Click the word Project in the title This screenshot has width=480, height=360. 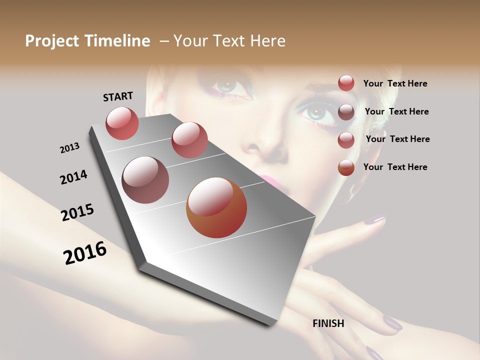[x=51, y=41]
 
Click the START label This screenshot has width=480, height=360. [x=118, y=96]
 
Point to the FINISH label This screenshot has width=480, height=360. [x=328, y=323]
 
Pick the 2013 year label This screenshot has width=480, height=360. [x=69, y=148]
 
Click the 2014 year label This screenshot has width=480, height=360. [x=73, y=177]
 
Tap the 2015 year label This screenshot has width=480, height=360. [x=77, y=212]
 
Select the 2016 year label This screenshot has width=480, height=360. [x=85, y=253]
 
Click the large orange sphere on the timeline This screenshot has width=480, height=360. [x=216, y=208]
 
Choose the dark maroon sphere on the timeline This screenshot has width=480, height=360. [x=145, y=179]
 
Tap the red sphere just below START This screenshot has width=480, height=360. [x=122, y=123]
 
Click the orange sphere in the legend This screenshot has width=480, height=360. [x=346, y=167]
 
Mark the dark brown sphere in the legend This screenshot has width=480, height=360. [x=346, y=112]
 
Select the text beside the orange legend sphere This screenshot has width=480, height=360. [x=395, y=167]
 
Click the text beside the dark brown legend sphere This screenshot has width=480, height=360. [x=396, y=111]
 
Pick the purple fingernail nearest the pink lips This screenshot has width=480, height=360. [x=373, y=219]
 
